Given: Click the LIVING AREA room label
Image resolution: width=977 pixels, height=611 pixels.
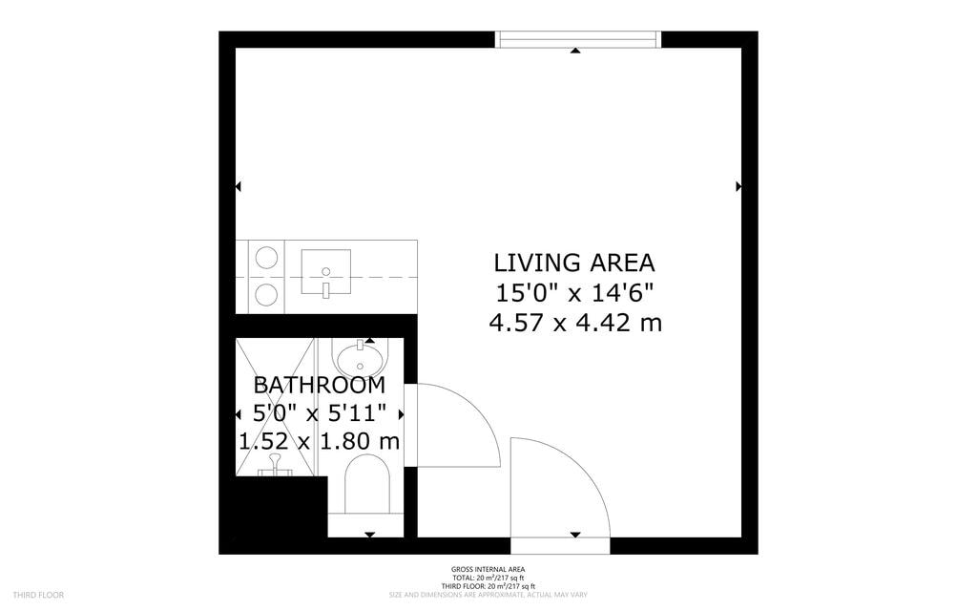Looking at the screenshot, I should coord(574,263).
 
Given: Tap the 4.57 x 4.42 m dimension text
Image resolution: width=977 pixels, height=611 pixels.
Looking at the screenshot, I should coord(574,323).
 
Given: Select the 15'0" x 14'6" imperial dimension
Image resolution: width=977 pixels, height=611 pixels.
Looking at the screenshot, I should coord(574,292).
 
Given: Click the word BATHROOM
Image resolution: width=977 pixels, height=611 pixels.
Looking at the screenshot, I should coord(320,386).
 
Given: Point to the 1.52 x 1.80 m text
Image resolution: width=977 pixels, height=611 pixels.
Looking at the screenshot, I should coord(320,442).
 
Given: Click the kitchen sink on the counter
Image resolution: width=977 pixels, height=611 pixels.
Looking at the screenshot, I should coord(325,272).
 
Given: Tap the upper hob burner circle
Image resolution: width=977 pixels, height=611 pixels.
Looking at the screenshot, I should coord(267,257).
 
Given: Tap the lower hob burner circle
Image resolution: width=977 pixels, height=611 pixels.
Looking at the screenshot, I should coord(267,295).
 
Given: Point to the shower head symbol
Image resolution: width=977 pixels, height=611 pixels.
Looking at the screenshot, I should coord(276,463).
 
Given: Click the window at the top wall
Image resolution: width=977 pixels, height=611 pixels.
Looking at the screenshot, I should coord(578,39).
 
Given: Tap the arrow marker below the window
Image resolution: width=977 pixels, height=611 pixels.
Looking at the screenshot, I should coord(575,50).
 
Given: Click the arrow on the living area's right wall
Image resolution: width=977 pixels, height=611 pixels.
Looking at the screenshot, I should coord(738,187).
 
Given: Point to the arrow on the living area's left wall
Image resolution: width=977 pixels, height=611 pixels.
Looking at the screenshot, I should coord(239,187).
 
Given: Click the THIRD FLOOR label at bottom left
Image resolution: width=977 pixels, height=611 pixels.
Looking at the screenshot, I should coord(39,595).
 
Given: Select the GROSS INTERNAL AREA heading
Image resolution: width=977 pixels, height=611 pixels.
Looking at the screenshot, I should coord(488,570).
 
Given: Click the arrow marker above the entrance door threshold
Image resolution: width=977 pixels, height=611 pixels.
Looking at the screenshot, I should coord(575,535).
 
